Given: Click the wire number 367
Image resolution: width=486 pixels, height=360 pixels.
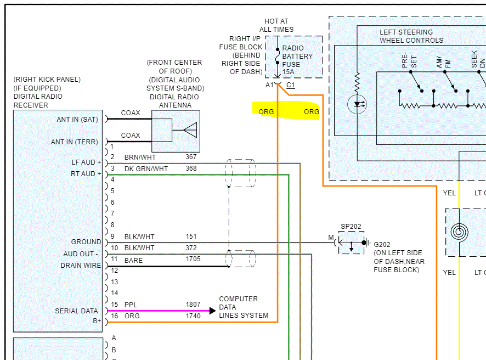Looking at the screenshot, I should [x=191, y=157].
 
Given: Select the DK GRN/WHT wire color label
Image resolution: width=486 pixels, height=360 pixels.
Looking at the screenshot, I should [x=146, y=168].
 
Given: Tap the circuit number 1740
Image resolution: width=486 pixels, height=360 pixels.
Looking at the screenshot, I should [x=193, y=316].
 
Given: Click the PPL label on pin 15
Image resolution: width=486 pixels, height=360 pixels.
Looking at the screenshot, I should [x=130, y=305].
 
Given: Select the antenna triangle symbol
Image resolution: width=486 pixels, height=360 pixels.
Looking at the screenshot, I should [x=190, y=130].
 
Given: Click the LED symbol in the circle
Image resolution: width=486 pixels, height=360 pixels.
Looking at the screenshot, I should [x=357, y=104].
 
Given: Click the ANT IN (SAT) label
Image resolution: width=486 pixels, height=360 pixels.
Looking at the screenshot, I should [x=77, y=119].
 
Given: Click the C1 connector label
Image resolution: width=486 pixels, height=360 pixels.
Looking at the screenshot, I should [x=291, y=86].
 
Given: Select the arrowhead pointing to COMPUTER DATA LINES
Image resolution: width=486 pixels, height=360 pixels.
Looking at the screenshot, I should [x=212, y=311].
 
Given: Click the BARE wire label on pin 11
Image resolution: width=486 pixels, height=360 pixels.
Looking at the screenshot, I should [x=133, y=260].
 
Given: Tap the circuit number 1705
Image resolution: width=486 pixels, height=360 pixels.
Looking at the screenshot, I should [x=193, y=259].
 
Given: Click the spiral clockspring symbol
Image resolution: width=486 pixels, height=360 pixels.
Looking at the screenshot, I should [x=460, y=232].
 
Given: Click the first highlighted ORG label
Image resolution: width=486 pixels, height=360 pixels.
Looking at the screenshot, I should [x=266, y=111].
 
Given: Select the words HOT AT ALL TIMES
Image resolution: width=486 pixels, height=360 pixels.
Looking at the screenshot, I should [x=276, y=25].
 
